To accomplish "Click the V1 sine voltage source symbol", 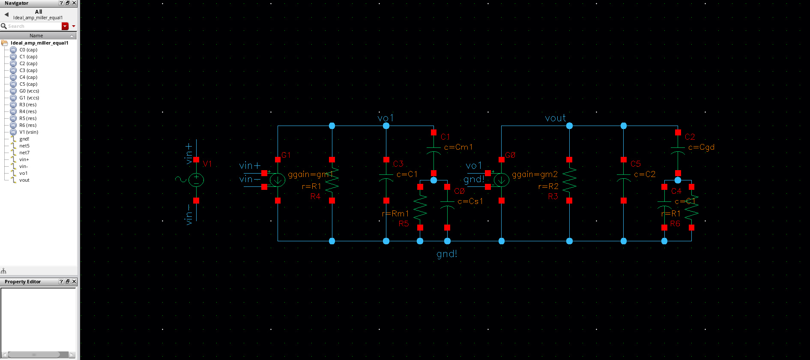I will [196, 180].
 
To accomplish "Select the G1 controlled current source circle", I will [278, 180].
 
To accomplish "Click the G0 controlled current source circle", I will [501, 180].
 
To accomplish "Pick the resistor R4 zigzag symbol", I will [332, 180].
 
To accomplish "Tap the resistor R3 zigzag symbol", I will [569, 180].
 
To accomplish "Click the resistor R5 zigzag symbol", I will [420, 207].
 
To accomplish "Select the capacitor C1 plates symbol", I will [433, 150].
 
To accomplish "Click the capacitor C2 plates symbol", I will [678, 150].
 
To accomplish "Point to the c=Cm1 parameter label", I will [458, 147].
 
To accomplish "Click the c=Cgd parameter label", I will [701, 147].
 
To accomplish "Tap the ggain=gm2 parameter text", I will [535, 174].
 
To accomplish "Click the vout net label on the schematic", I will [555, 118].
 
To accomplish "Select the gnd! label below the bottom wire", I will [447, 254].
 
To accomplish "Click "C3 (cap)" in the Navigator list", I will [28, 70].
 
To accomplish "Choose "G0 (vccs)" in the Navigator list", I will [29, 91].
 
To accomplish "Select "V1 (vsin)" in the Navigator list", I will [29, 132].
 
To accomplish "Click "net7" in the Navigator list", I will [24, 153].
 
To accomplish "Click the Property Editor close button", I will [74, 282].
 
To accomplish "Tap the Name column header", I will [36, 36].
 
